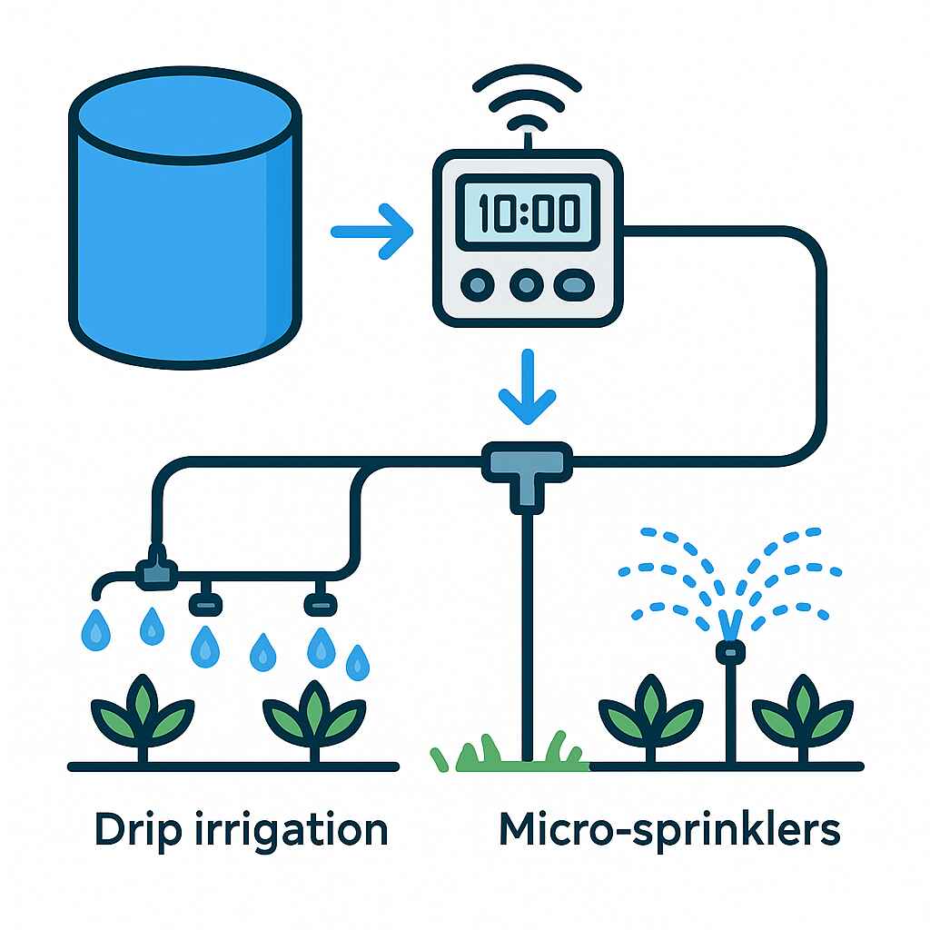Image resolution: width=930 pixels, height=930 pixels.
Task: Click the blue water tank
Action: (185, 218)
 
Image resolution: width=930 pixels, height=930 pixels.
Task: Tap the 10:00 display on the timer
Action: (528, 213)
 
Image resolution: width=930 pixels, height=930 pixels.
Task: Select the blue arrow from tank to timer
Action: (371, 232)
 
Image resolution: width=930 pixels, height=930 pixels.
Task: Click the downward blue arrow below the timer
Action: (528, 387)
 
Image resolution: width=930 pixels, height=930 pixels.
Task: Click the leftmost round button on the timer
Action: (478, 284)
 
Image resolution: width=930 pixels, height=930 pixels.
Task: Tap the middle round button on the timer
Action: (527, 284)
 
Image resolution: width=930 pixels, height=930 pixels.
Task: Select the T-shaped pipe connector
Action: (528, 474)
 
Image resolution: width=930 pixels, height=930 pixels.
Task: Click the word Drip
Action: (138, 830)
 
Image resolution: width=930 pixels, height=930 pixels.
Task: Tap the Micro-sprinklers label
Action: (669, 830)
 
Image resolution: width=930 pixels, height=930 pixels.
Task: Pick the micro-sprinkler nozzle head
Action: (731, 652)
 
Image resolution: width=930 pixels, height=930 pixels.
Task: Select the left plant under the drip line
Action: (143, 717)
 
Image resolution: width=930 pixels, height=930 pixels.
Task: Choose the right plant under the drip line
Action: (314, 719)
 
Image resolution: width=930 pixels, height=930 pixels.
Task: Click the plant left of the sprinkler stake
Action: (650, 717)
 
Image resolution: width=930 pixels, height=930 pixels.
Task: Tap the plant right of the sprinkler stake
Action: (803, 717)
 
